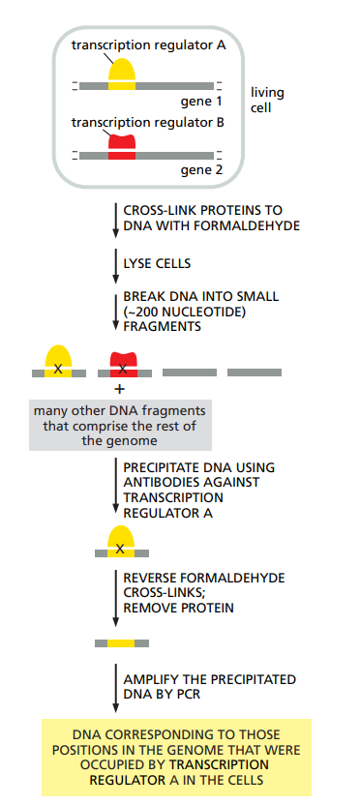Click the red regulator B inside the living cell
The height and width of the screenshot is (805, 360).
tap(121, 145)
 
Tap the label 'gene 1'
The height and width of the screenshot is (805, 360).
tap(201, 101)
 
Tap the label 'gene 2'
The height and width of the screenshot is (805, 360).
tap(201, 170)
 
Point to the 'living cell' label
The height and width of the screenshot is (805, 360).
tap(267, 100)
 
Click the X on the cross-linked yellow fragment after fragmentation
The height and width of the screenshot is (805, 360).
tap(59, 369)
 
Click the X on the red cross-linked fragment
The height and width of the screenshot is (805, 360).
tap(122, 369)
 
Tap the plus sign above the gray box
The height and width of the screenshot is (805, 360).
tap(120, 389)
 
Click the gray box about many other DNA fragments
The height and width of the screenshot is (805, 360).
tap(119, 425)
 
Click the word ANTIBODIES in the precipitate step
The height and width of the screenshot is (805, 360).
tap(158, 482)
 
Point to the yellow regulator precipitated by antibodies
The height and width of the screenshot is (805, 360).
tap(121, 542)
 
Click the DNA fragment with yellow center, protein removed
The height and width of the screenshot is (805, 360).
tap(121, 642)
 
